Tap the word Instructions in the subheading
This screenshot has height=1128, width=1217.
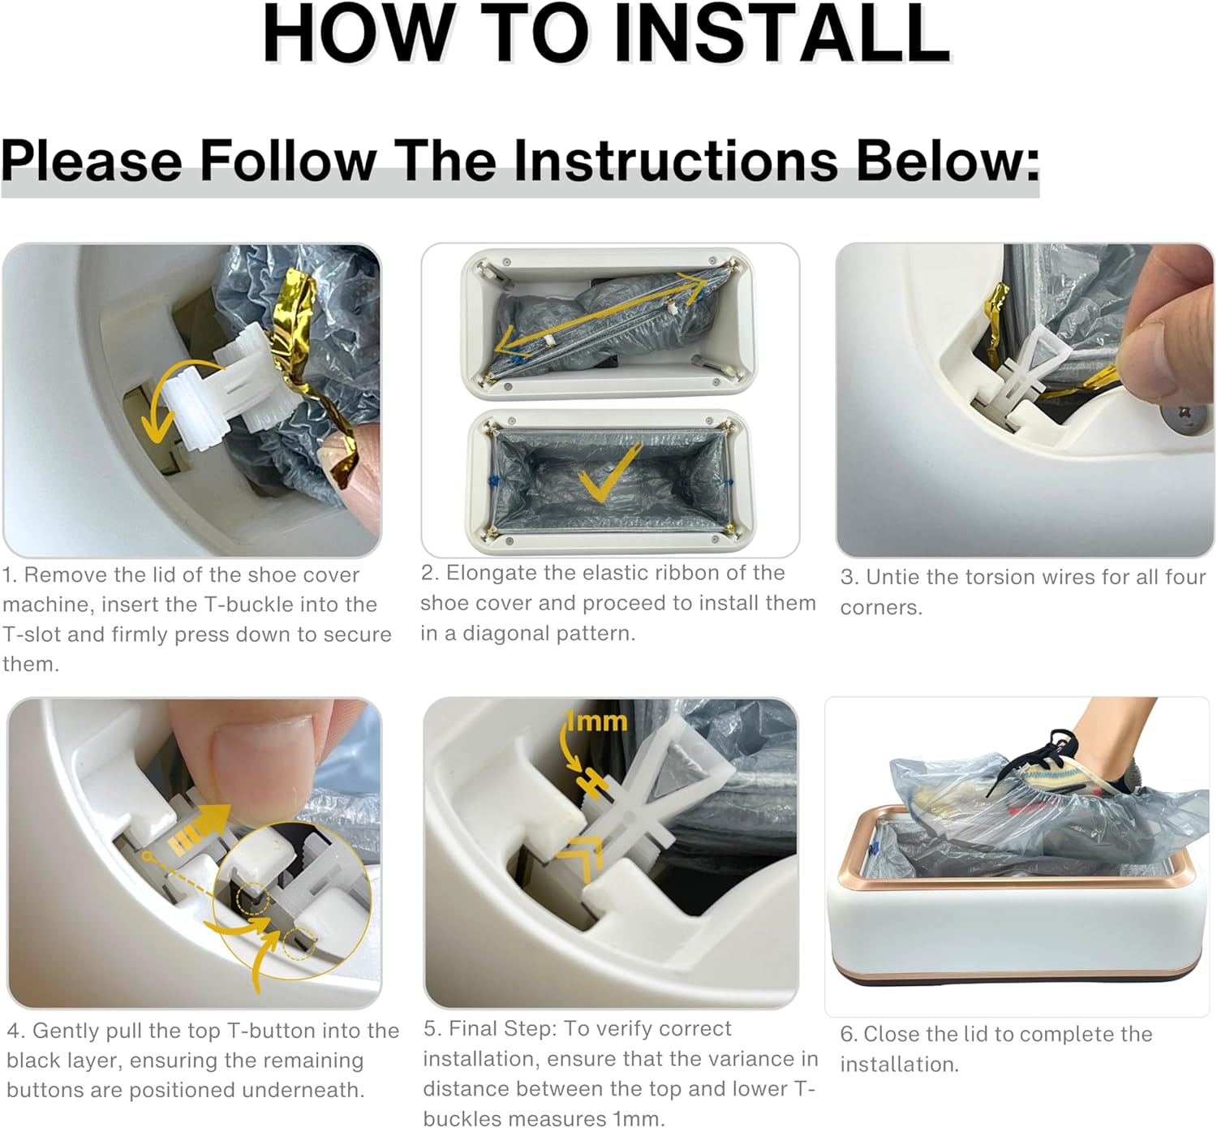click(x=677, y=161)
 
